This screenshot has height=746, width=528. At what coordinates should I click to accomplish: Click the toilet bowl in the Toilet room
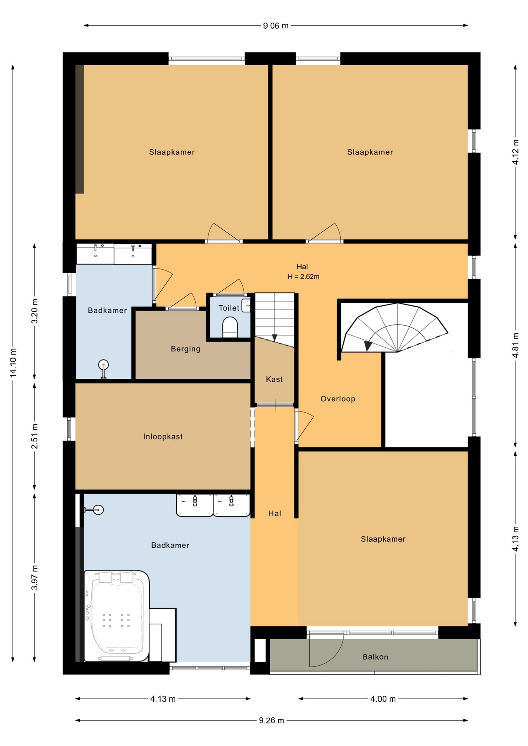[230, 327]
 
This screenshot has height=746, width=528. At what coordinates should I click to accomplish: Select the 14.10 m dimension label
[13, 363]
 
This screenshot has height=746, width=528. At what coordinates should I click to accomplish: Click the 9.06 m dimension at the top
[276, 26]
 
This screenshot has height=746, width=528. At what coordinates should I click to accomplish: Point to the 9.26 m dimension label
[271, 720]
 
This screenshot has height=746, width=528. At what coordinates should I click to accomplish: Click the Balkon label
[375, 657]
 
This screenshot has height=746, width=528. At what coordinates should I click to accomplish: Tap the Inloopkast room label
[163, 436]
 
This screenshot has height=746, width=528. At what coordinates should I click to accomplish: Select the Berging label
[185, 349]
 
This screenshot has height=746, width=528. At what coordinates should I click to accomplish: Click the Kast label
[274, 379]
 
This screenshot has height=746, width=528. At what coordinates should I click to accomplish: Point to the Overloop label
[337, 399]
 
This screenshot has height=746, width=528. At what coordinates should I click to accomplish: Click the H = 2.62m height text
[303, 277]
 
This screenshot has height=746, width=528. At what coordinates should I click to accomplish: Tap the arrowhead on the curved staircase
[367, 345]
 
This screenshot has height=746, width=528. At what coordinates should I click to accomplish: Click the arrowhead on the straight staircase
[274, 338]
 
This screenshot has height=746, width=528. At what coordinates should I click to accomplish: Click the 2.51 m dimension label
[35, 436]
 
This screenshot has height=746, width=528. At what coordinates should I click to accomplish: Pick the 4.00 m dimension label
[383, 699]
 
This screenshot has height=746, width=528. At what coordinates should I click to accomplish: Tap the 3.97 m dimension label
[35, 577]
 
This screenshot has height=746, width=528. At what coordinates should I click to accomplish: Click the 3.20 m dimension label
[35, 311]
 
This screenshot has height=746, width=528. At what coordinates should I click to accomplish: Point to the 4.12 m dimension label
[516, 152]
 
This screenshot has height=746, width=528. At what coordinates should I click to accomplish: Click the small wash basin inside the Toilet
[246, 305]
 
